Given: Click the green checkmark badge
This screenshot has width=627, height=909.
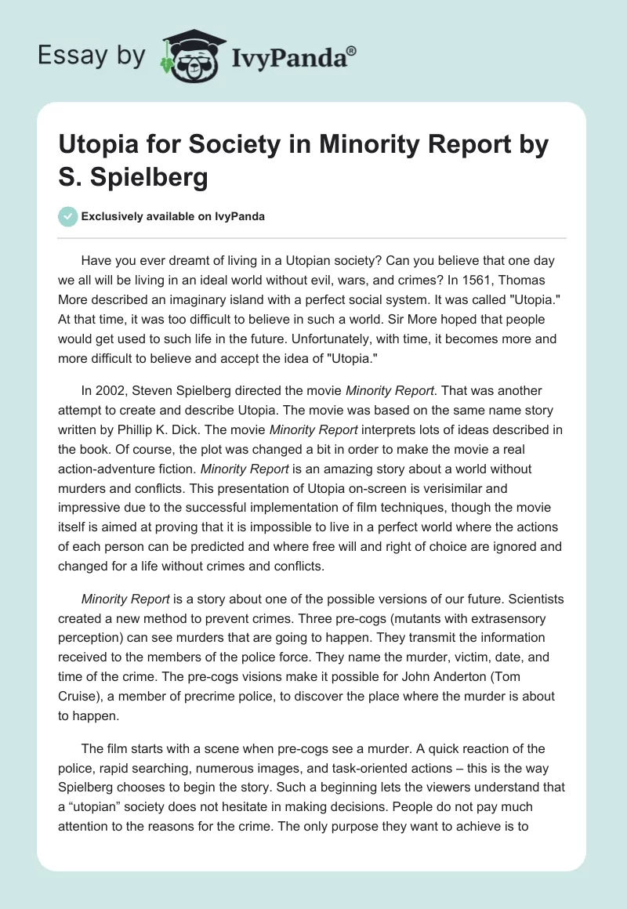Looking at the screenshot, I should coord(69,216).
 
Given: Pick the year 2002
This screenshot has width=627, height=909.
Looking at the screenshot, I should coord(111,390).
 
